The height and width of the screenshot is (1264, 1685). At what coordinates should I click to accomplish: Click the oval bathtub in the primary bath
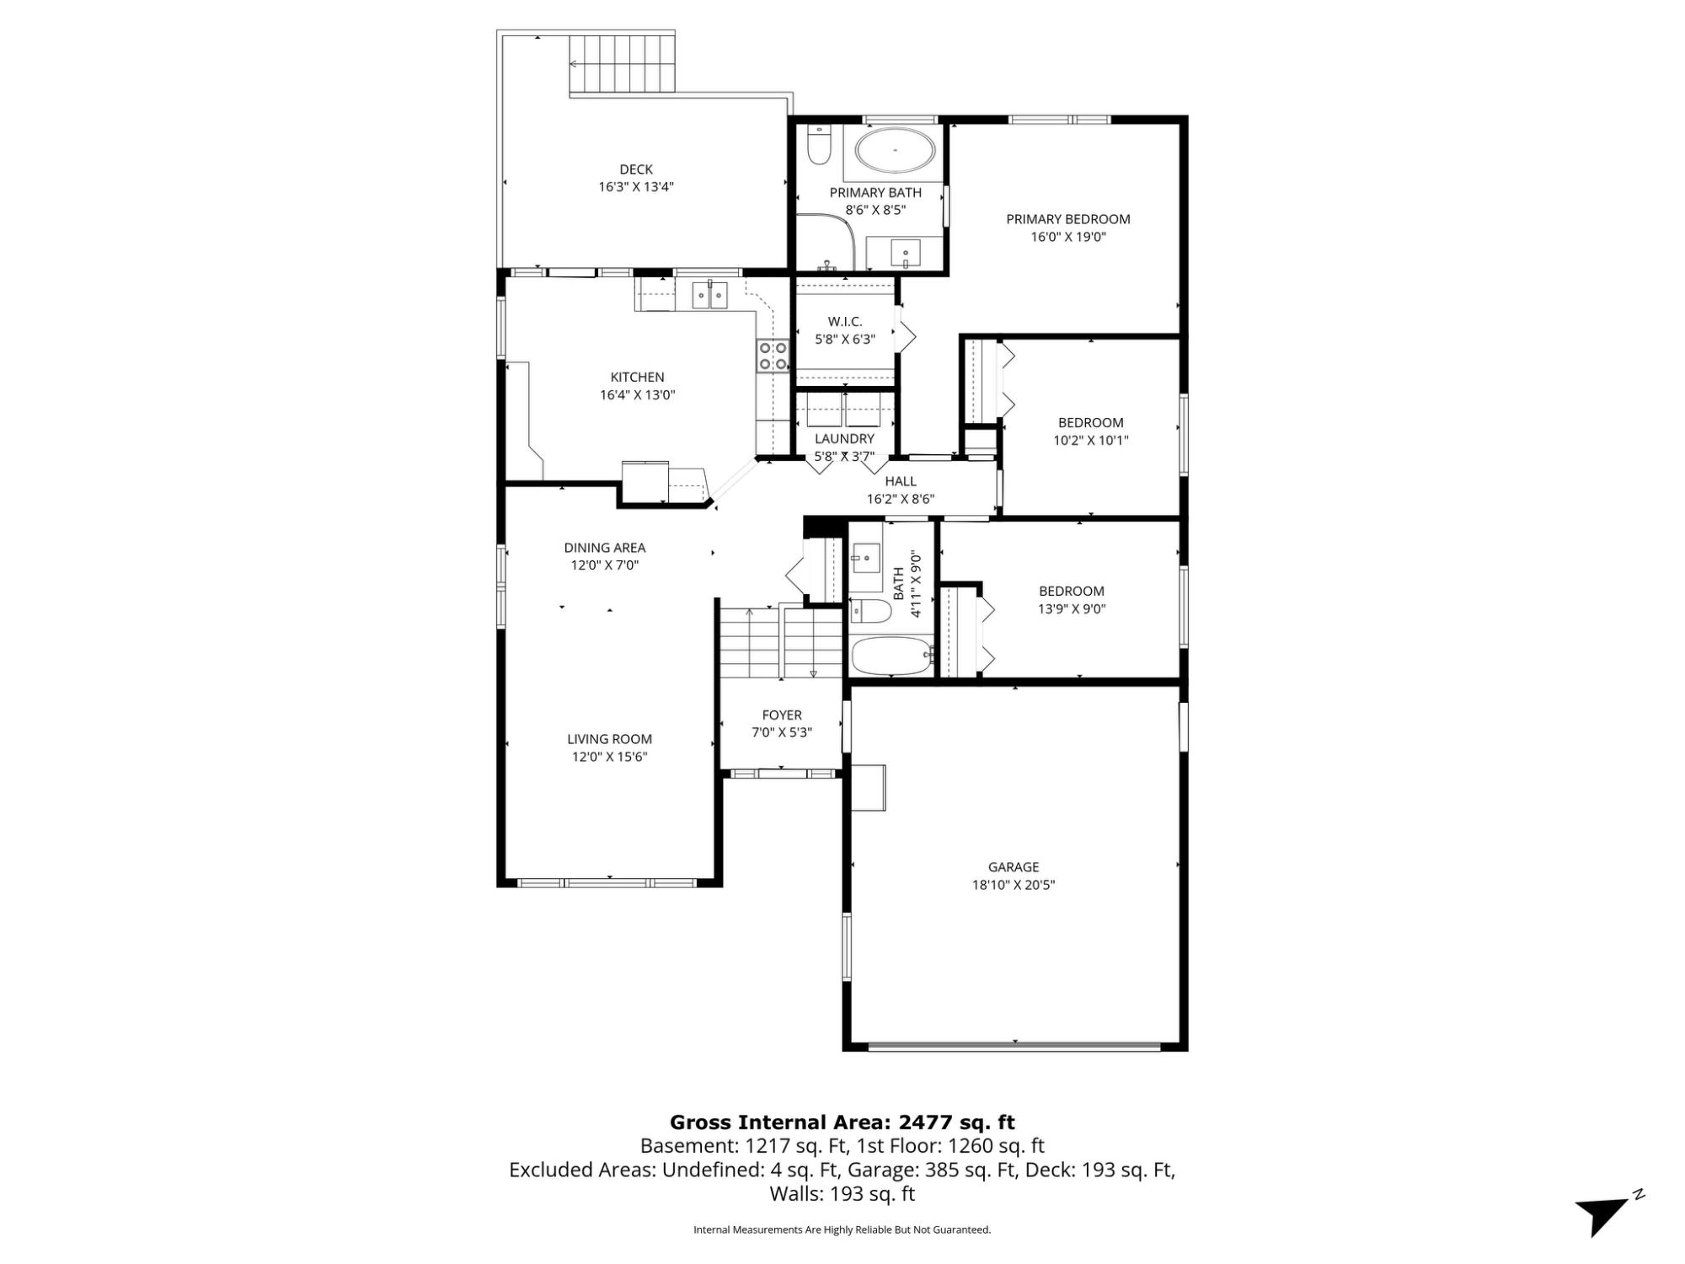click(x=895, y=152)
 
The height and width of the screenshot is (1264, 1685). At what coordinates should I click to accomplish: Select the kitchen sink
click(x=710, y=295)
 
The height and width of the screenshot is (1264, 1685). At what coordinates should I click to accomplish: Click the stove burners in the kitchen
click(x=773, y=356)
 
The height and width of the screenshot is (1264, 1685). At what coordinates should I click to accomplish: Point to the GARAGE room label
click(x=1014, y=866)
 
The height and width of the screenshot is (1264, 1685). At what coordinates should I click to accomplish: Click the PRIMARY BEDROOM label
click(x=1068, y=219)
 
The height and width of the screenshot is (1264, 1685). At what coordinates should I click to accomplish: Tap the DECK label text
click(x=636, y=169)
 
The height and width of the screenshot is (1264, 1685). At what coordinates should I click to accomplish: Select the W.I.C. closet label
click(x=844, y=321)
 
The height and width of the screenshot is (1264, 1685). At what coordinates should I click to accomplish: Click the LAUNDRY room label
click(x=844, y=438)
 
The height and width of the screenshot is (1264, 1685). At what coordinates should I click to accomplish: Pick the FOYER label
click(x=782, y=715)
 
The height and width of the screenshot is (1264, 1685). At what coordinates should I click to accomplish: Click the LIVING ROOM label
click(x=609, y=739)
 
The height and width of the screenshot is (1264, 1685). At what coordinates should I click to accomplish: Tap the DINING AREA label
click(x=605, y=548)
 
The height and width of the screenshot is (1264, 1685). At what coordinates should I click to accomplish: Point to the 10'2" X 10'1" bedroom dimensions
click(x=1091, y=440)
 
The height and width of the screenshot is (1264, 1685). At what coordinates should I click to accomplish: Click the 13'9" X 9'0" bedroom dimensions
click(x=1072, y=608)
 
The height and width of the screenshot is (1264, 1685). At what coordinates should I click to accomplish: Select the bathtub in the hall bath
click(x=891, y=655)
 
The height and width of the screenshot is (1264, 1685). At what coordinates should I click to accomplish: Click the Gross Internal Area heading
click(x=842, y=1122)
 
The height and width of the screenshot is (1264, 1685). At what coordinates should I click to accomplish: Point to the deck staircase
click(x=623, y=63)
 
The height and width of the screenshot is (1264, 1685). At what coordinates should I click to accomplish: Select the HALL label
click(x=901, y=481)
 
